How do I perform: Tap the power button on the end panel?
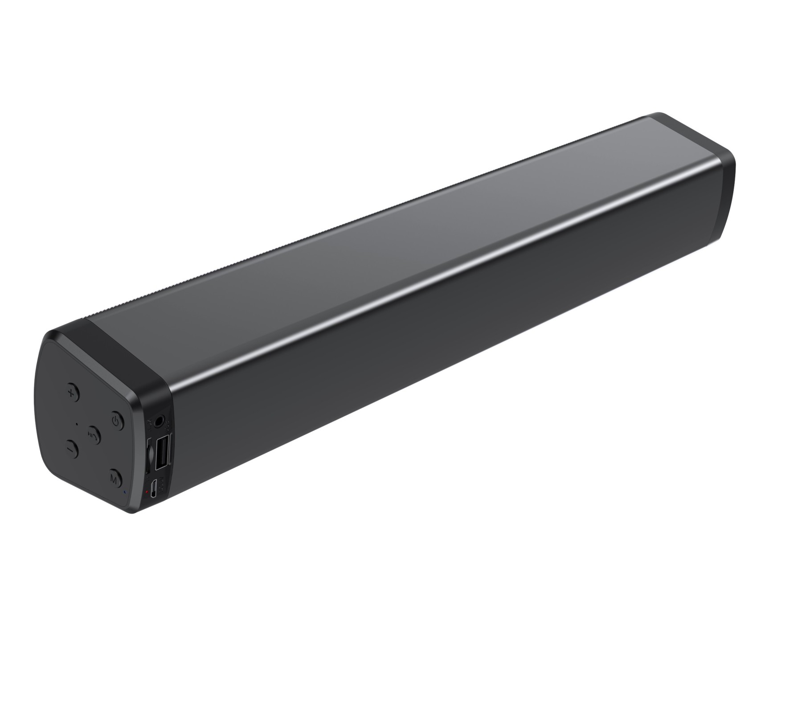pyautogui.click(x=117, y=420)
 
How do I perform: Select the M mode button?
pyautogui.click(x=115, y=479)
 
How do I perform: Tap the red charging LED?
pyautogui.click(x=147, y=492)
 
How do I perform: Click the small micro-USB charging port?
pyautogui.click(x=153, y=489)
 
